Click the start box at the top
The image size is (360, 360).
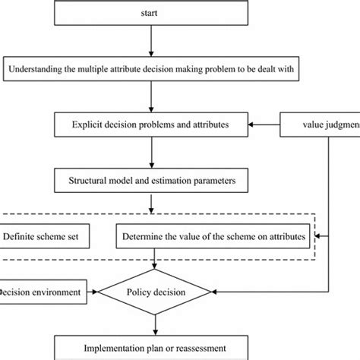[155, 13]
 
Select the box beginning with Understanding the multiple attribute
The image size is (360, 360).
[154, 71]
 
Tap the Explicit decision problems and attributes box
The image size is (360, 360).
[154, 122]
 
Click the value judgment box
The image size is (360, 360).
[319, 122]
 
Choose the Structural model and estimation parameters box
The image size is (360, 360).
[154, 181]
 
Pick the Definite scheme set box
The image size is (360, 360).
[45, 237]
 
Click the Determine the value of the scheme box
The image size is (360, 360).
[213, 237]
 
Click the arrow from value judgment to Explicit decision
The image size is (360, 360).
[265, 122]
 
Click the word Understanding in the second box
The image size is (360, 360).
[36, 71]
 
